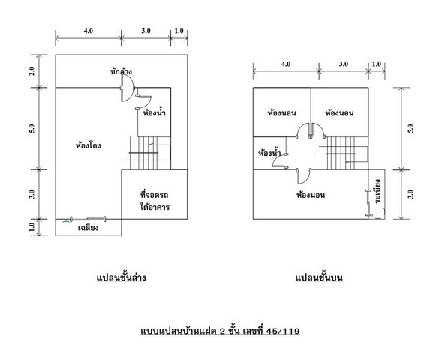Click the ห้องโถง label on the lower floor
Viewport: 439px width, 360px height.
click(89, 145)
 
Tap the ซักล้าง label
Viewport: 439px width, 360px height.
click(121, 71)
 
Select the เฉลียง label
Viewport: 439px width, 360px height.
click(89, 228)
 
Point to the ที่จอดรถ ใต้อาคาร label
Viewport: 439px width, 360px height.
click(155, 201)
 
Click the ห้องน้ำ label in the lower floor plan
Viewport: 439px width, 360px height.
click(155, 113)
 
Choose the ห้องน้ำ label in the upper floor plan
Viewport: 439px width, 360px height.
click(269, 153)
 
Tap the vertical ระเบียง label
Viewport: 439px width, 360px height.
click(377, 191)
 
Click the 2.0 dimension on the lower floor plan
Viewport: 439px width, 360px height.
click(32, 70)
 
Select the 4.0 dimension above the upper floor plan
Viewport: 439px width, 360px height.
click(286, 64)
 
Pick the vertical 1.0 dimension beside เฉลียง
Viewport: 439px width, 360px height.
click(32, 227)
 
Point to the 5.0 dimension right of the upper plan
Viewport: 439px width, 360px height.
click(410, 128)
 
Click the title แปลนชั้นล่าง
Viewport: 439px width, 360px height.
click(122, 277)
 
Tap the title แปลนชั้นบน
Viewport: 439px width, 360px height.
click(319, 277)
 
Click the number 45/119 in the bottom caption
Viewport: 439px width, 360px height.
click(283, 331)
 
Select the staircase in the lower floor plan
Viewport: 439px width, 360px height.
click(150, 153)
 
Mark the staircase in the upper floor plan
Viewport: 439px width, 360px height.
click(347, 153)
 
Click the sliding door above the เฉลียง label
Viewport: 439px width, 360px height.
click(88, 219)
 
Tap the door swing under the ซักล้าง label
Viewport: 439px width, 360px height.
click(128, 88)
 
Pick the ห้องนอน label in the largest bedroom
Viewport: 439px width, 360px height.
click(311, 195)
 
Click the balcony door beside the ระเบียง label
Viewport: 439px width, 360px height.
click(368, 203)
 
